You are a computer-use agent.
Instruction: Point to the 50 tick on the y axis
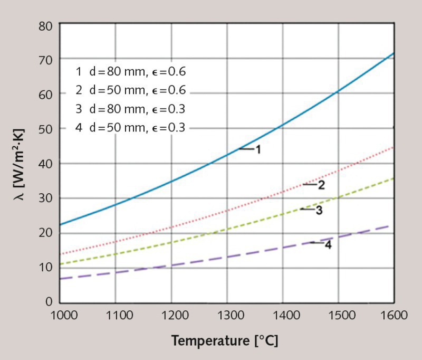coord(45,128)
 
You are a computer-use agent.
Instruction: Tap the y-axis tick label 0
coord(49,302)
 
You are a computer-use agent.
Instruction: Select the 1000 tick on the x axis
coord(60,316)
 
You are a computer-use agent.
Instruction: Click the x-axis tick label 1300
coord(227,316)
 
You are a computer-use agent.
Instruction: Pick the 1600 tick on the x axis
coord(394,316)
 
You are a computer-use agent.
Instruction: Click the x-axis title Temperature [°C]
coord(224,340)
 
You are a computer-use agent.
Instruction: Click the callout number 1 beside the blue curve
coord(258,149)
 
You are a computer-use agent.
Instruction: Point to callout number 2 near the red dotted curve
coord(321,185)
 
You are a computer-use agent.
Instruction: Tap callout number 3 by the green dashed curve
coord(319,210)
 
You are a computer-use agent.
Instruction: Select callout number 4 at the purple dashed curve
coord(328,245)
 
